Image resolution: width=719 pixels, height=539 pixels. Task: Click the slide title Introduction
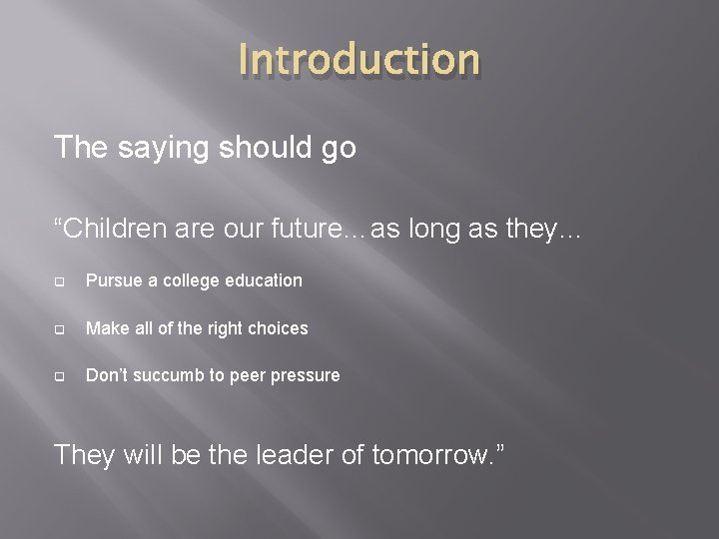(359, 60)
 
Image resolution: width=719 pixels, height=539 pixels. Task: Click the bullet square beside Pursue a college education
(60, 281)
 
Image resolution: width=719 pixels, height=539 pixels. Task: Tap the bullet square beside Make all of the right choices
(60, 329)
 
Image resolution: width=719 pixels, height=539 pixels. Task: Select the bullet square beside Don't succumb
(60, 376)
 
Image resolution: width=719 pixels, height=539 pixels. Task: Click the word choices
(279, 328)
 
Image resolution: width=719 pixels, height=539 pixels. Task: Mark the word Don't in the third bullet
(106, 375)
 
